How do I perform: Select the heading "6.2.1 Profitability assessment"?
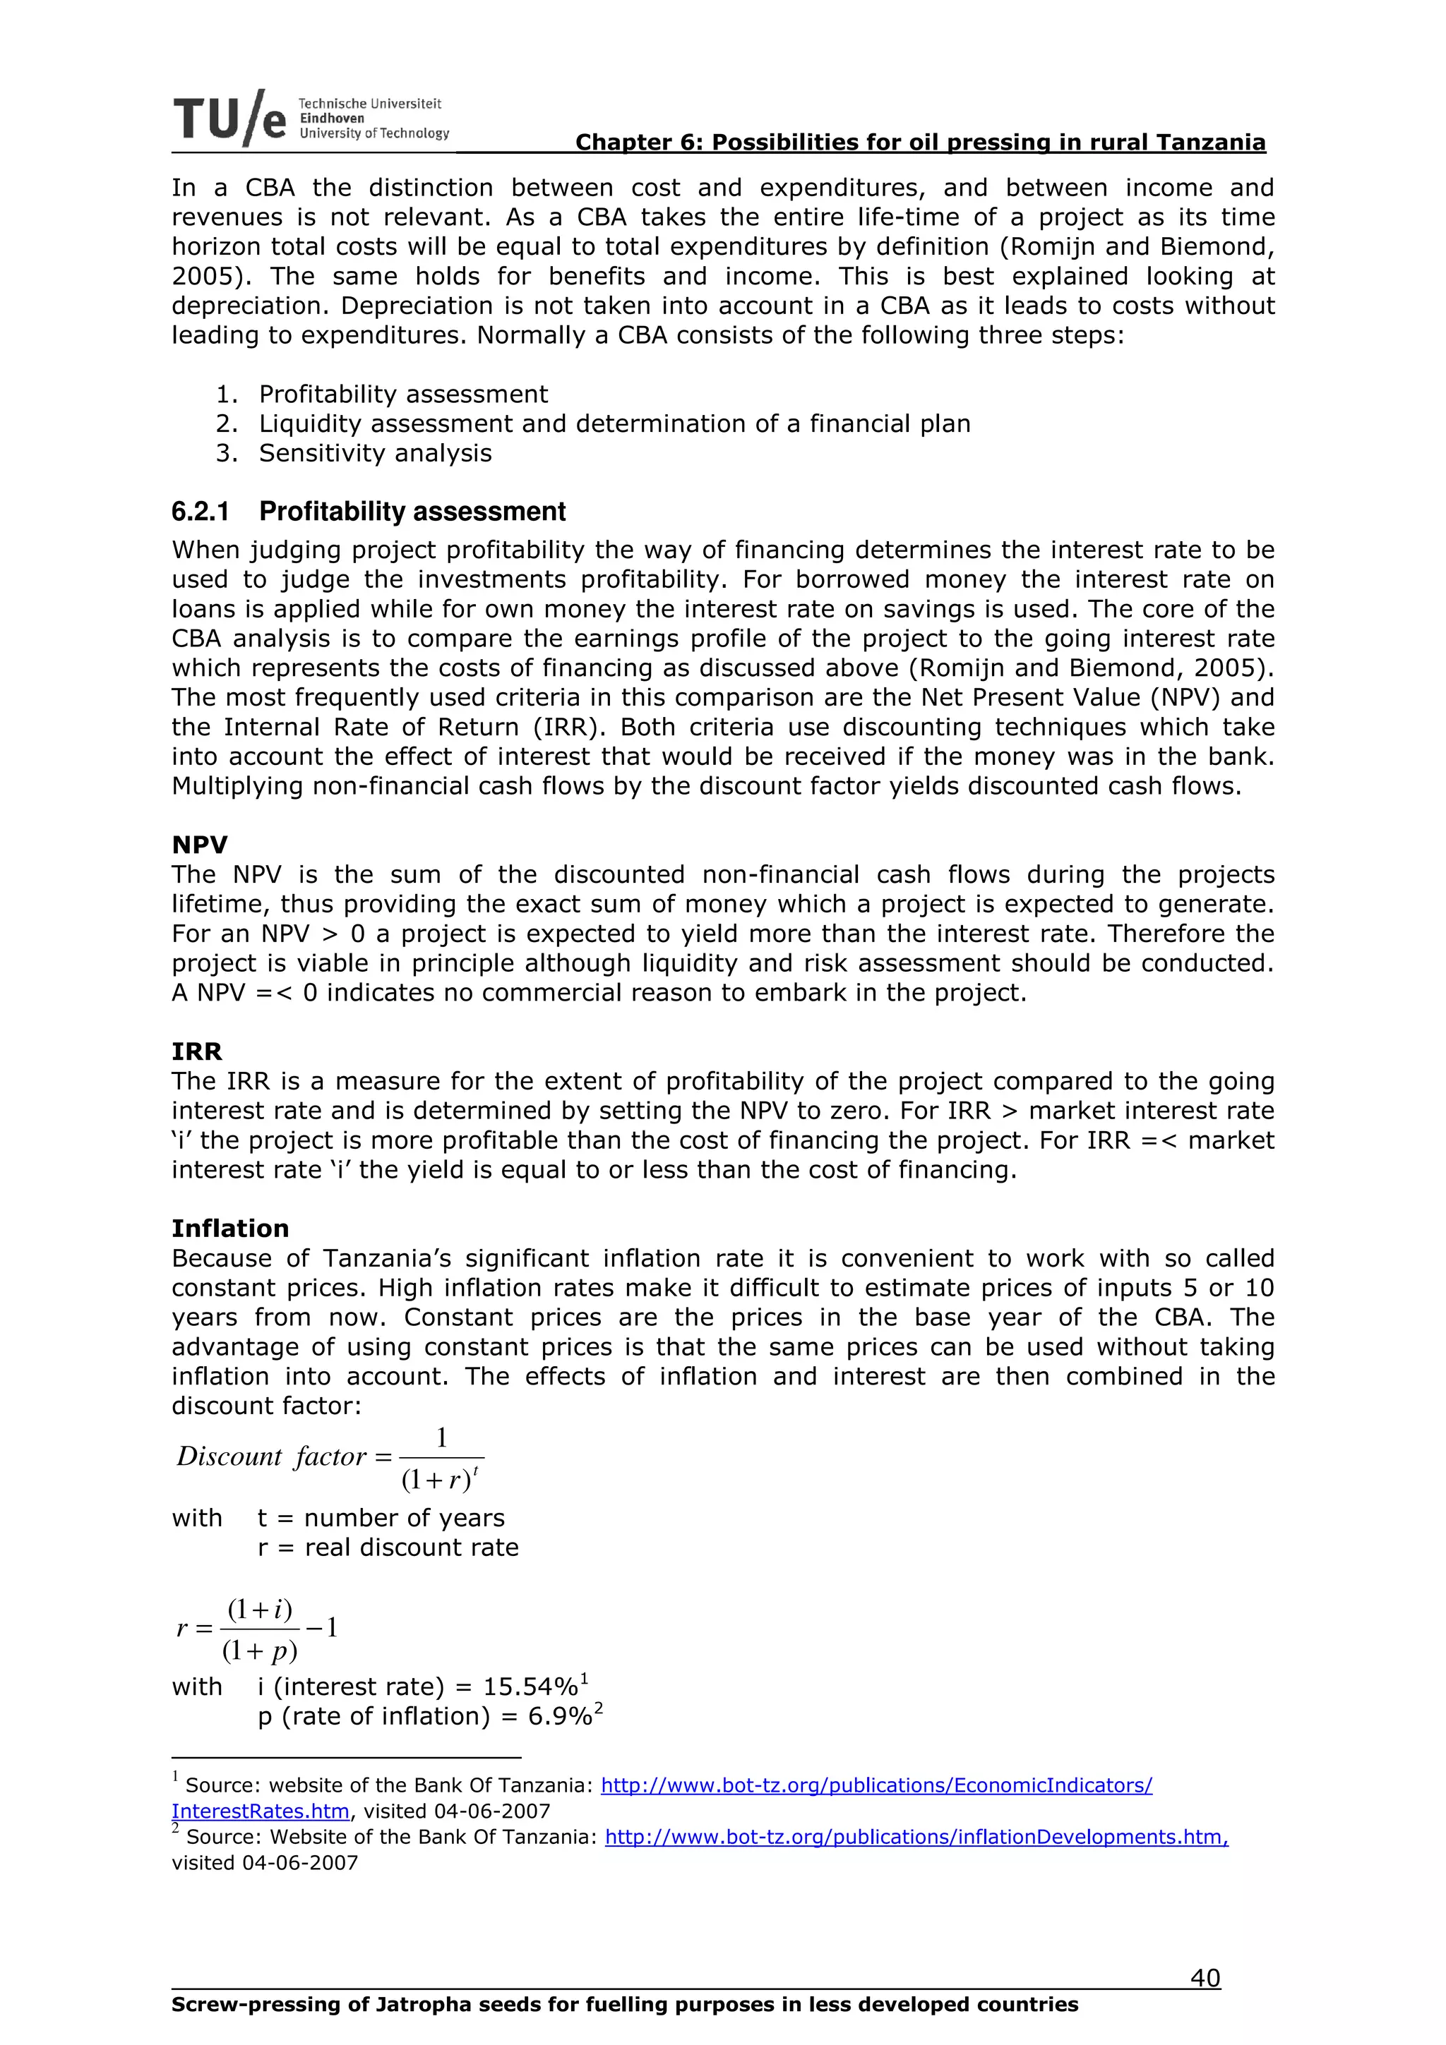(368, 511)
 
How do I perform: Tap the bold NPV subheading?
(200, 845)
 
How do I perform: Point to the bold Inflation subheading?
(230, 1229)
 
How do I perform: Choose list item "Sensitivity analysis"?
(375, 452)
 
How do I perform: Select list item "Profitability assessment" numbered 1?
(402, 394)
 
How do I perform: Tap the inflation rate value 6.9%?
(559, 1715)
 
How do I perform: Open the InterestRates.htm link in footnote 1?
(260, 1811)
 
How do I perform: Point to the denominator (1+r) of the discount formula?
(436, 1480)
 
